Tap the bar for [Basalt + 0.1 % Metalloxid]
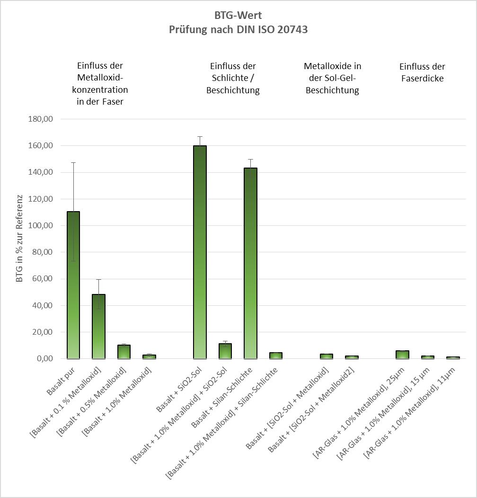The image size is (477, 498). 98,327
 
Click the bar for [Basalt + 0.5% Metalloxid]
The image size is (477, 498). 124,352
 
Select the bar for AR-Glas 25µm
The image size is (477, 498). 402,355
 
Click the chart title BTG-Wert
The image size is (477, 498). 238,15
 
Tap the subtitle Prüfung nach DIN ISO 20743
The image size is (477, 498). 238,29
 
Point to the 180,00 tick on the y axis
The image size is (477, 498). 40,119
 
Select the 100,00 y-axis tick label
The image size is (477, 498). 40,226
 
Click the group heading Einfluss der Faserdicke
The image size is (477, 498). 422,72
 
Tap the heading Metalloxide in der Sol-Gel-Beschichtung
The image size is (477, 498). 332,78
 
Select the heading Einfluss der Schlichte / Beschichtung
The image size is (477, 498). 233,78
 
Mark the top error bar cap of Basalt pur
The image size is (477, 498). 73,162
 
